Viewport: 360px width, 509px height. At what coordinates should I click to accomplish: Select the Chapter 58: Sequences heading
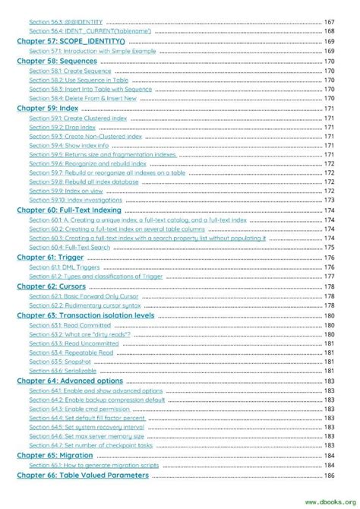click(x=57, y=61)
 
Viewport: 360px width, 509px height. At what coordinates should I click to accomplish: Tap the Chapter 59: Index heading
click(x=47, y=109)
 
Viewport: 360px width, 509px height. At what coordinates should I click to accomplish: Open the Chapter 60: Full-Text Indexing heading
click(x=69, y=210)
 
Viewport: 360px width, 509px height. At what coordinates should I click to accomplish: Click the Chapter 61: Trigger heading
click(x=50, y=257)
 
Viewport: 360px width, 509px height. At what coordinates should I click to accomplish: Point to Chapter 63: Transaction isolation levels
click(x=85, y=315)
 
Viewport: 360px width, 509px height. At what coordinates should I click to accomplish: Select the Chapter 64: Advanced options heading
click(x=69, y=381)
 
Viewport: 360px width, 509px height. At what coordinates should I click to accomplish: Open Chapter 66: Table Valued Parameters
click(x=83, y=475)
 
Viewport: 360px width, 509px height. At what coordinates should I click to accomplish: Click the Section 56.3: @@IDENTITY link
click(x=65, y=22)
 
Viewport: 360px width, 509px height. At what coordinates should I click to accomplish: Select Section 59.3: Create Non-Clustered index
click(x=85, y=137)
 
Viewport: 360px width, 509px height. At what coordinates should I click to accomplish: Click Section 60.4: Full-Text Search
click(x=69, y=248)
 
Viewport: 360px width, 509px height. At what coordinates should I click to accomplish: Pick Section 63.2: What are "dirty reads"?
click(x=79, y=334)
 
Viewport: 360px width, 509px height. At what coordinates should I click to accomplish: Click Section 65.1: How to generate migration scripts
click(x=95, y=465)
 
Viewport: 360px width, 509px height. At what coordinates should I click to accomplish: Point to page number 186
click(x=329, y=476)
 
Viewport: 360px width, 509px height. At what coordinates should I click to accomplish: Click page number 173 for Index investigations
click(x=329, y=201)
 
